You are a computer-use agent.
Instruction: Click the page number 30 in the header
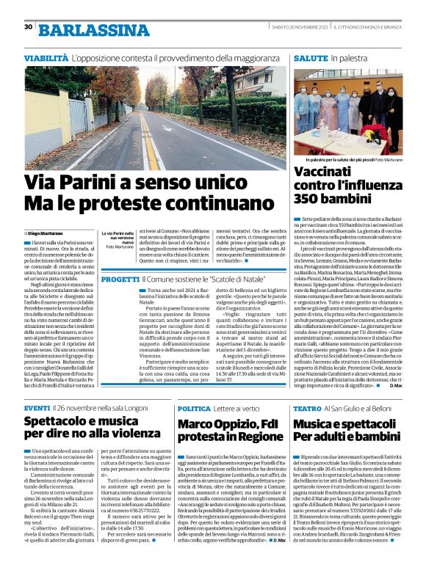point(29,28)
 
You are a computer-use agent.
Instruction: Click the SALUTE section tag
point(311,56)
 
